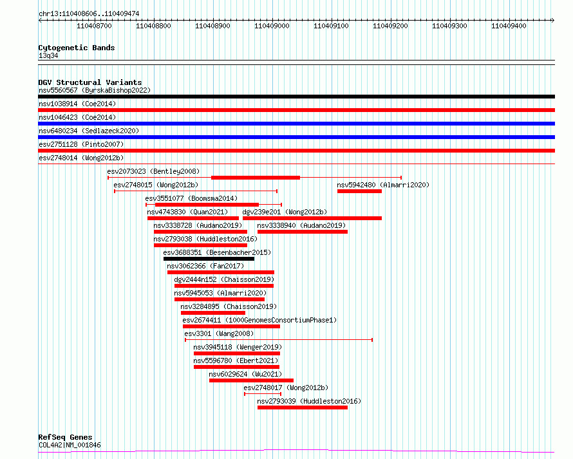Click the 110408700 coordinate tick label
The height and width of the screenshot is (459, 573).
[94, 26]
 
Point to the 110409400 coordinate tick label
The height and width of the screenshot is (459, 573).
[509, 26]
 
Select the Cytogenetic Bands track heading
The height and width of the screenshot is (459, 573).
[76, 48]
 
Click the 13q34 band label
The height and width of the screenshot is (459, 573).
[48, 56]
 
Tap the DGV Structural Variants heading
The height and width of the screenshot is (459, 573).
[89, 82]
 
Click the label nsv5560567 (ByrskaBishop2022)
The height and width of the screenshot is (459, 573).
[94, 90]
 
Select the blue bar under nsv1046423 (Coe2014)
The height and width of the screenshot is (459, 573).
[296, 124]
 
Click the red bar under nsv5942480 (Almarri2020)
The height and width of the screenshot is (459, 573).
[359, 191]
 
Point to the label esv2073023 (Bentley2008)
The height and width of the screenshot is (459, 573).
[153, 171]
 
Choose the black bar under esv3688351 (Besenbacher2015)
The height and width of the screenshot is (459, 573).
[209, 259]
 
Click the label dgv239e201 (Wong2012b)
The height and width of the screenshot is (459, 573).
[285, 212]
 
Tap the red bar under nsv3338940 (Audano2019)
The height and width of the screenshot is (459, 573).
[302, 232]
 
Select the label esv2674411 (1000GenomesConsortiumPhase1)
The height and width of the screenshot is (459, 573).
[259, 320]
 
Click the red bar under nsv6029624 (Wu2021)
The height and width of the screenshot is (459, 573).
[251, 380]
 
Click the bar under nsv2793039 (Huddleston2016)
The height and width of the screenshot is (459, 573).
[302, 407]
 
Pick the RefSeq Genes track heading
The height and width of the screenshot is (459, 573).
[65, 437]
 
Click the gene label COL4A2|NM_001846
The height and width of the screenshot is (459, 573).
[70, 445]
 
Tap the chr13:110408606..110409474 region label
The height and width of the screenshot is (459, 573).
[89, 14]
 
